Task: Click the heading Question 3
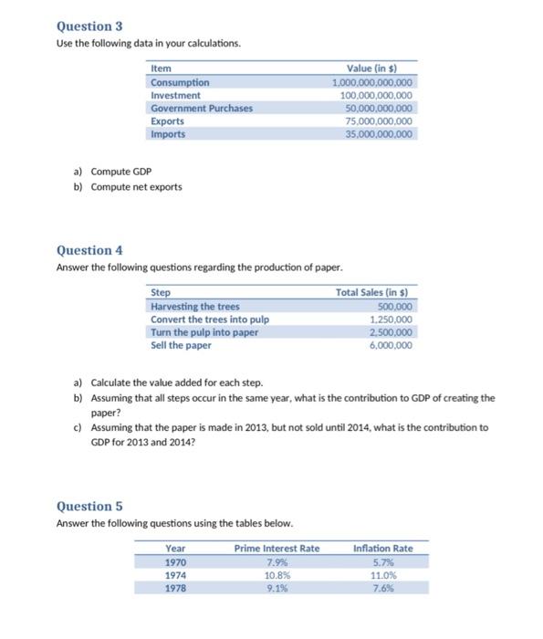point(89,27)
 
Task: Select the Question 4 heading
point(89,250)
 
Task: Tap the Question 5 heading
point(89,506)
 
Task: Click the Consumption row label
point(180,82)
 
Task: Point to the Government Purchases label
point(202,108)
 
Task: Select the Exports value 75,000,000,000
point(375,120)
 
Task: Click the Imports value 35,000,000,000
point(375,133)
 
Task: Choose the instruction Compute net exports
point(136,187)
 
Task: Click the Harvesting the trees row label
point(194,306)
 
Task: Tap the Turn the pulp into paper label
point(204,332)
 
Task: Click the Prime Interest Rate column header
point(277,548)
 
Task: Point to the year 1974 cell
point(176,576)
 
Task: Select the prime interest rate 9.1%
point(277,589)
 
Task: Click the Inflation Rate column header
point(382,548)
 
